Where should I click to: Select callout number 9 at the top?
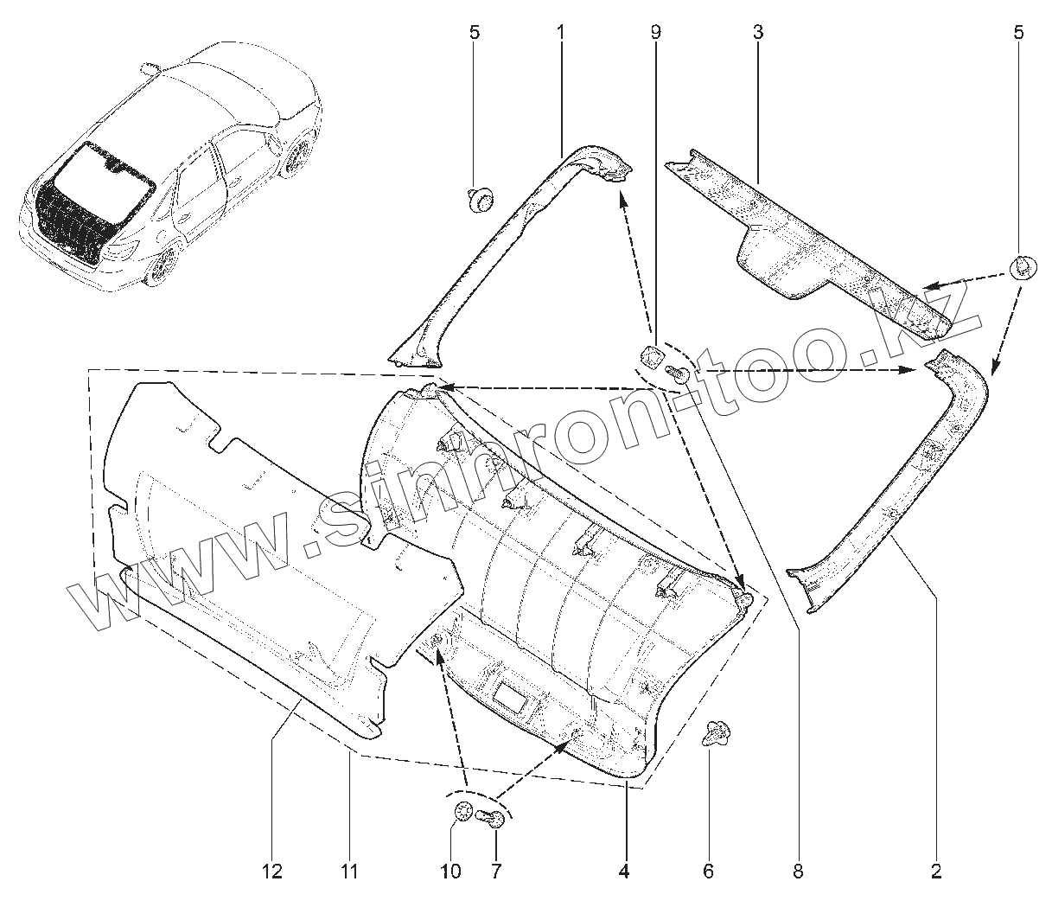tap(655, 34)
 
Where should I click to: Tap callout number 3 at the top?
tap(757, 34)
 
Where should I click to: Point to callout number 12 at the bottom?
tap(272, 872)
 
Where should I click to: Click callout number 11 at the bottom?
tap(348, 872)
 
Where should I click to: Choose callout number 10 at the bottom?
tap(451, 872)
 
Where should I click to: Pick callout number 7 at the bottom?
tap(496, 872)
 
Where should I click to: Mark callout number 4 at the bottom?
tap(624, 872)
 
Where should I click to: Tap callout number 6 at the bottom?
tap(708, 872)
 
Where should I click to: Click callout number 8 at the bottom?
tap(797, 872)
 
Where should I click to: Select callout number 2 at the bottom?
tap(935, 872)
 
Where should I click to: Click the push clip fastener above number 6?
tap(716, 734)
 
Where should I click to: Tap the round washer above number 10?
tap(463, 812)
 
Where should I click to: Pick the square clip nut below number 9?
tap(653, 354)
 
